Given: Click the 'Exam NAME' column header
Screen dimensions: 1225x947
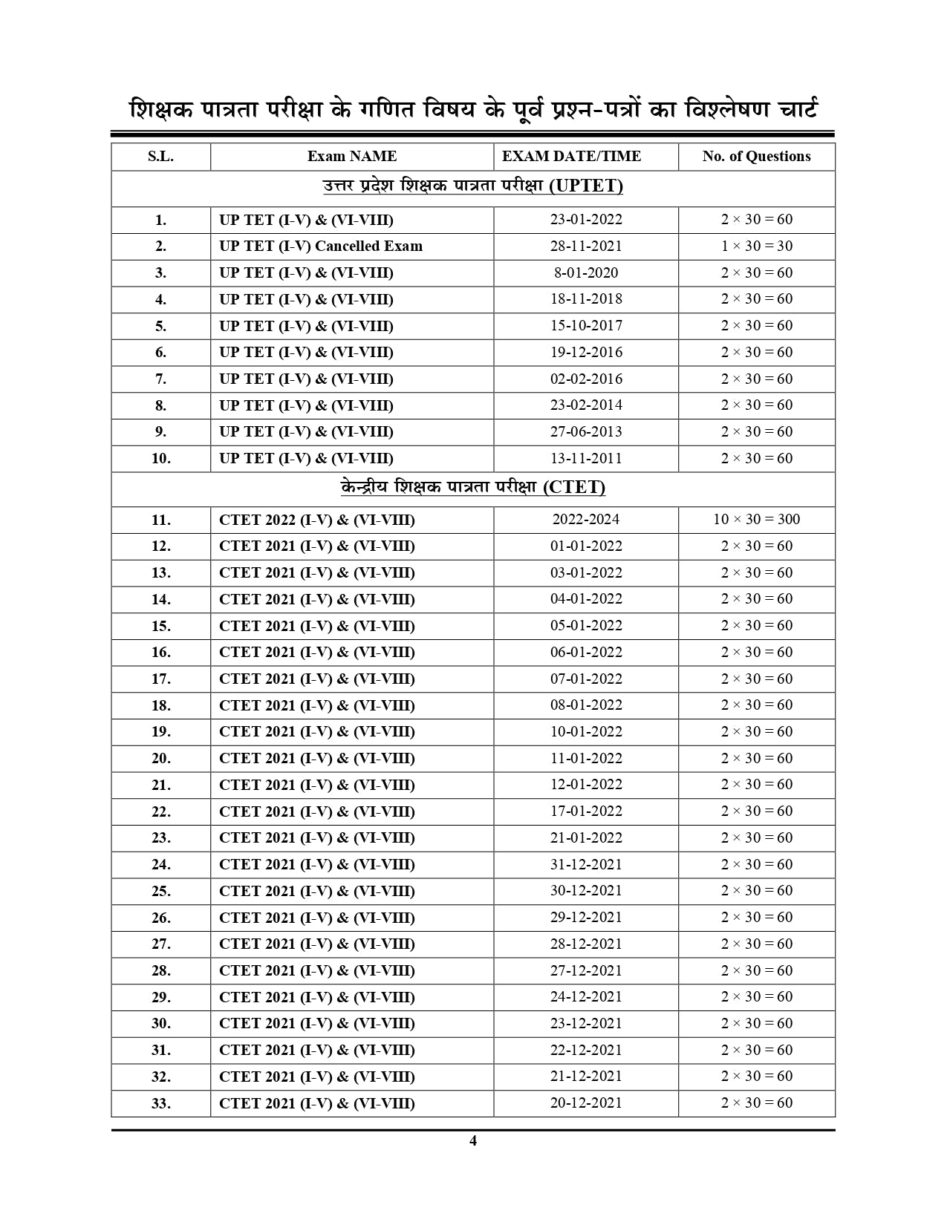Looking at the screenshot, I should [352, 157].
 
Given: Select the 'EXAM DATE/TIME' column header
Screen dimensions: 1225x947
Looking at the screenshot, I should [571, 157].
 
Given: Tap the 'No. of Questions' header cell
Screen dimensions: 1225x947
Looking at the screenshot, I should [756, 157].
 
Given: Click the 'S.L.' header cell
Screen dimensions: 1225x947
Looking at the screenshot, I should [160, 157].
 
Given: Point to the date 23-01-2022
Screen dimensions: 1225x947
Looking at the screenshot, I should [586, 220].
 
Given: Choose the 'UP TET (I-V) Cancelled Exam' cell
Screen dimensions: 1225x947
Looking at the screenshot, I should [321, 246].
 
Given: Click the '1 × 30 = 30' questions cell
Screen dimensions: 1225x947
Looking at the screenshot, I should [756, 246].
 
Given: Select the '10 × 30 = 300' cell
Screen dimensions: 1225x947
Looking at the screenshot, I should [756, 520].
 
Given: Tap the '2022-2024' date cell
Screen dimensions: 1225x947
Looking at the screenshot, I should [586, 520].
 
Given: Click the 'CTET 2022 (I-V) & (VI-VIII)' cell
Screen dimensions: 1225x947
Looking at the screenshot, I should [317, 520].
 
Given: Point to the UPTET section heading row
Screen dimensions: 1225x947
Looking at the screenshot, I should [473, 186].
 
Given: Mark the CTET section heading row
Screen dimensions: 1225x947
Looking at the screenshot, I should [473, 488].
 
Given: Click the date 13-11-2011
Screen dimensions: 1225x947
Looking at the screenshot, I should [586, 459].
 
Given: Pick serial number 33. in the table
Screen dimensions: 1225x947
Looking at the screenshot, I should [160, 1103].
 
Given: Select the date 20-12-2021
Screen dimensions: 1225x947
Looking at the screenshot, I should [586, 1103].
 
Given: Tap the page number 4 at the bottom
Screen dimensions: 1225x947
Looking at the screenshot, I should [473, 1141].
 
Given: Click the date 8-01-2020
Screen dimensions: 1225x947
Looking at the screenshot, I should [586, 273].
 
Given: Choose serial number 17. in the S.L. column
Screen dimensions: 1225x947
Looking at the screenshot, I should [160, 679].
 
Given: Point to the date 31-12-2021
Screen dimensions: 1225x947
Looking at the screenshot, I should [586, 864].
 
